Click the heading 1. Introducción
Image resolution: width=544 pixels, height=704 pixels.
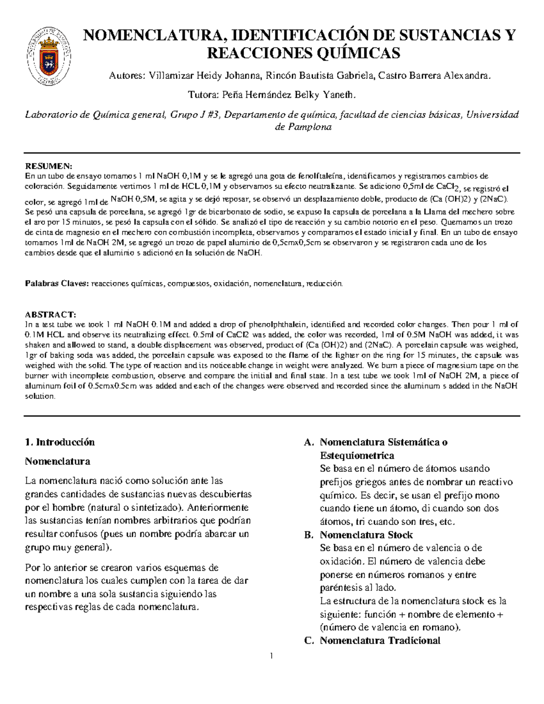click(x=60, y=442)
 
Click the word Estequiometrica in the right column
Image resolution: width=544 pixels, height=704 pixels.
click(x=357, y=455)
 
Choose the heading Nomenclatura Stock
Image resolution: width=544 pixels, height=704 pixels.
click(x=366, y=535)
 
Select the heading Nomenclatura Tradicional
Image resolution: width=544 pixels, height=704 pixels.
click(x=380, y=641)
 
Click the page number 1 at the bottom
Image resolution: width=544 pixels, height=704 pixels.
click(x=271, y=655)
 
